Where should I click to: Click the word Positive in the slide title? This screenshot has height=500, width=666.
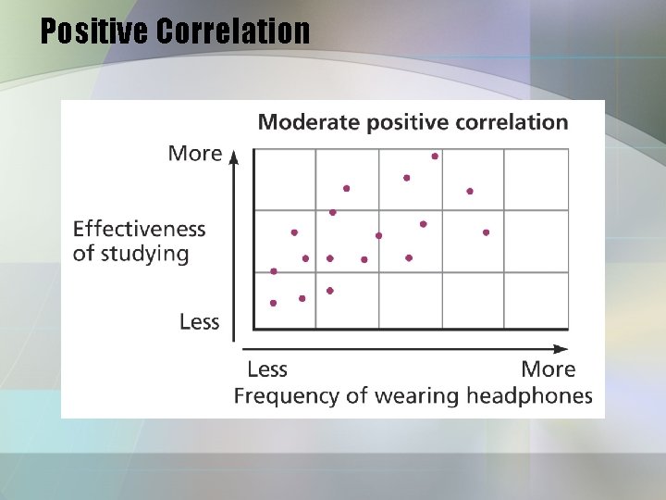coord(95,31)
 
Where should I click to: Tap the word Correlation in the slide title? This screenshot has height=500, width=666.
coord(233,31)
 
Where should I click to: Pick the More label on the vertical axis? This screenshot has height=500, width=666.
coord(194,153)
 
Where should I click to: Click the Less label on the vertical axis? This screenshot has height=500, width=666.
coord(199,321)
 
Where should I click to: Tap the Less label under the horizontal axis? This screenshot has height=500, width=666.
coord(267,369)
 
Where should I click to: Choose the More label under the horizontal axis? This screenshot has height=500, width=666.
coord(548,369)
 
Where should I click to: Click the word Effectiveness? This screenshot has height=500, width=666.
coord(139,228)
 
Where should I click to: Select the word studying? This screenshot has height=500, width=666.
coord(145,254)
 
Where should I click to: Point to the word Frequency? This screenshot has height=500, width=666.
coord(278,396)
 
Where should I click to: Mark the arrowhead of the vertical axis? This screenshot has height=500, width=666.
coord(234,155)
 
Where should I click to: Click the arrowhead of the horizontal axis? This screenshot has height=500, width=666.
coord(561,349)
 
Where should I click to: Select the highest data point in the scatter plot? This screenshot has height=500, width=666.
coord(435,156)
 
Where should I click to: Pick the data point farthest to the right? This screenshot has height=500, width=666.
coord(486,232)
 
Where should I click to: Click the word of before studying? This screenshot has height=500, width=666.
coord(83,254)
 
